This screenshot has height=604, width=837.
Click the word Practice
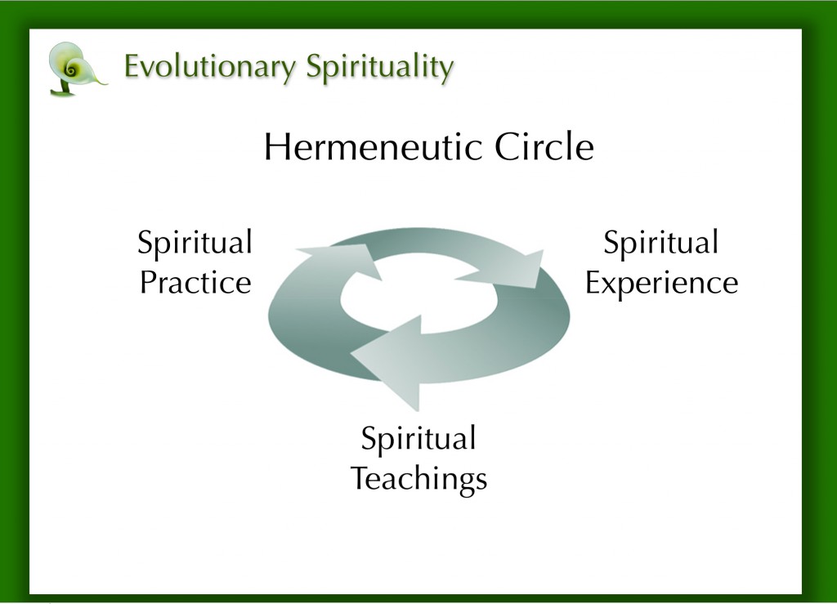(x=195, y=284)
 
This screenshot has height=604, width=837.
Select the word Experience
(x=661, y=284)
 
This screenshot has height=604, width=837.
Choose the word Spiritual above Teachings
(x=418, y=440)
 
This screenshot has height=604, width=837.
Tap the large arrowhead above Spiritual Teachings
(x=392, y=360)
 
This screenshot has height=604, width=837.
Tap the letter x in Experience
(x=611, y=284)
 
